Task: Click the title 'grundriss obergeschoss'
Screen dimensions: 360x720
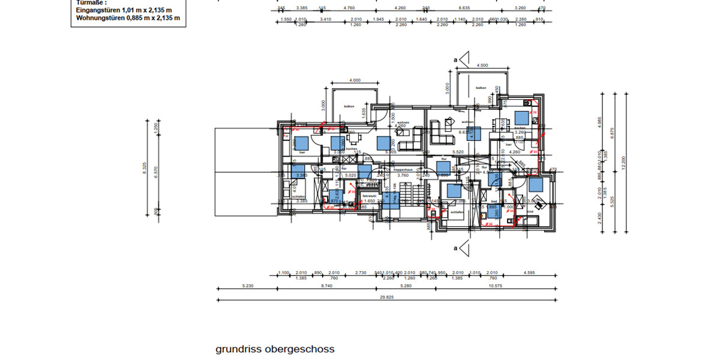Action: click(275, 349)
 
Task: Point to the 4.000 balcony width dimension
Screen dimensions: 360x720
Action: click(355, 80)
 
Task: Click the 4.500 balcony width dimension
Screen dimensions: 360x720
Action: click(481, 65)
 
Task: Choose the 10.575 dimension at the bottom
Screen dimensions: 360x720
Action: click(496, 286)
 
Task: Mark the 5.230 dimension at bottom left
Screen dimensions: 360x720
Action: click(247, 286)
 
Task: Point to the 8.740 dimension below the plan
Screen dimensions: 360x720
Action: click(327, 286)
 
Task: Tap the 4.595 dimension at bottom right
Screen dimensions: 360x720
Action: click(529, 273)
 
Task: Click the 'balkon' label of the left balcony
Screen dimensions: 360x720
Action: click(349, 106)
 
